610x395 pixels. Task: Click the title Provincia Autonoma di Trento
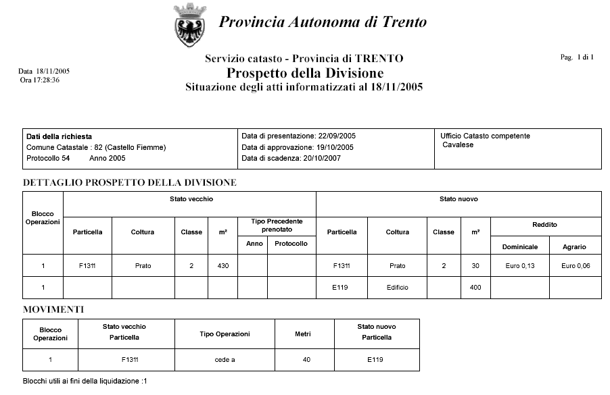323,22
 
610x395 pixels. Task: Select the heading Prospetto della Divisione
305,73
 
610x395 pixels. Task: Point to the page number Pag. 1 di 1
577,57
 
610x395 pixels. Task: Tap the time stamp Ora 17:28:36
40,80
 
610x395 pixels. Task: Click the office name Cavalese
458,145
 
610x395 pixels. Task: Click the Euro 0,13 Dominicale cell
519,266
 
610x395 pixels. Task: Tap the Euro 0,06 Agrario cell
575,266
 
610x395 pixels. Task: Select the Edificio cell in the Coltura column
397,288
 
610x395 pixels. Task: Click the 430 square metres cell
222,266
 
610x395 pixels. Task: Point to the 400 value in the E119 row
475,288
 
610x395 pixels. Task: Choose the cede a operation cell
225,360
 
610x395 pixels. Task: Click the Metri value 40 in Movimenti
306,360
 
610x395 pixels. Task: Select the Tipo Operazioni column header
225,334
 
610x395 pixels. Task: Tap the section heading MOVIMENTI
53,309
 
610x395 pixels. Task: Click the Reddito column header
545,225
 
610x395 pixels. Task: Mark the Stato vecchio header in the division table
189,200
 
